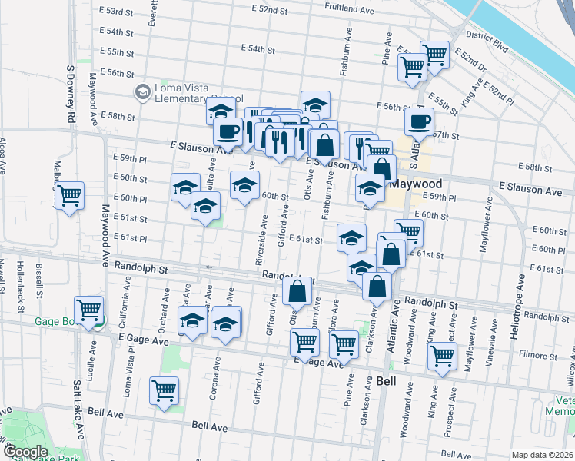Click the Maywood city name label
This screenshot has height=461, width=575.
(x=415, y=184)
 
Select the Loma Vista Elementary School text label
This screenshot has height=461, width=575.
(x=198, y=93)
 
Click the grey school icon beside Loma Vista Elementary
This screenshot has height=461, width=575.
(x=142, y=93)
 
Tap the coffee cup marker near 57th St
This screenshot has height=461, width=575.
(x=419, y=121)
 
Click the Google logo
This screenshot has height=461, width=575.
(x=26, y=452)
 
